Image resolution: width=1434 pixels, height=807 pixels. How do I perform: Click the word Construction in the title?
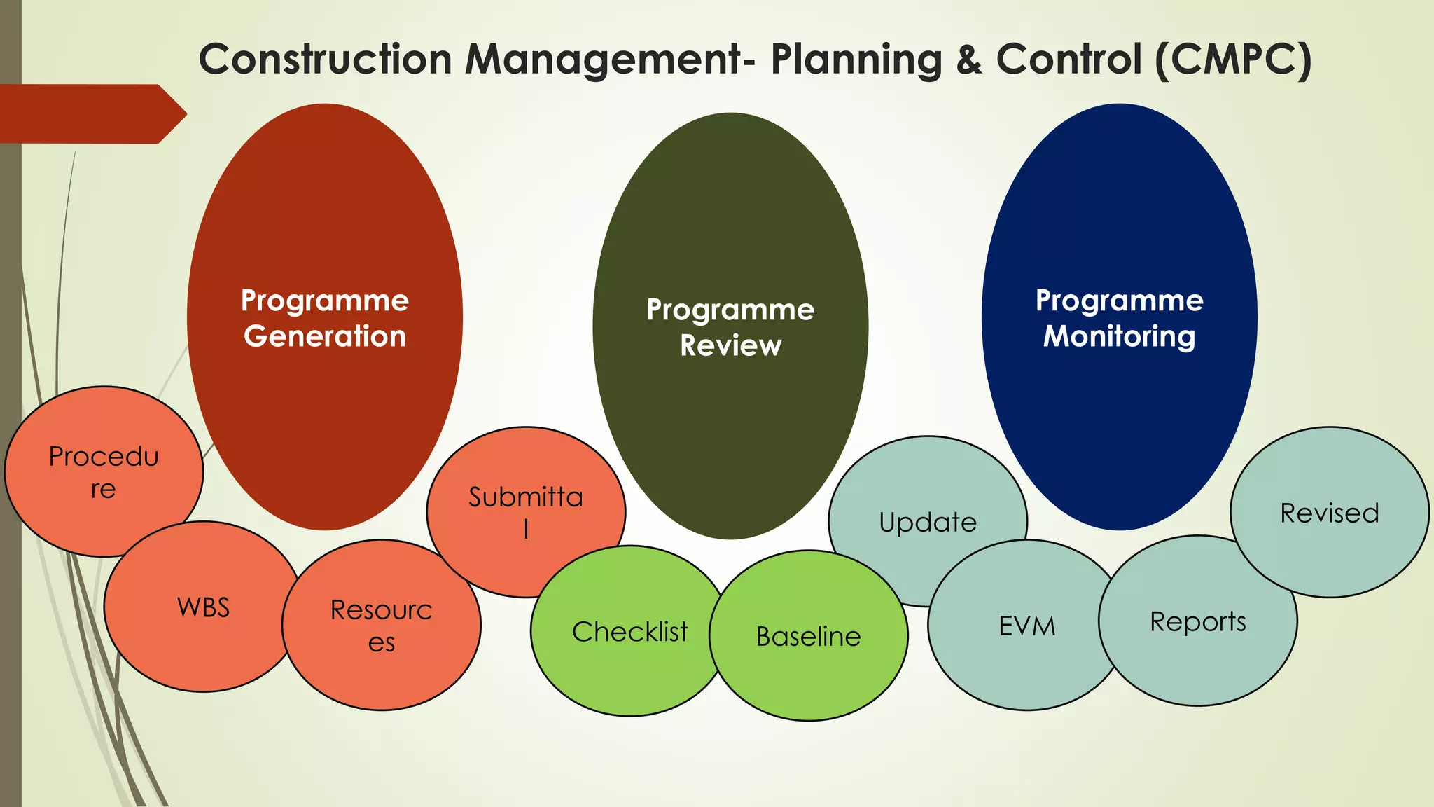tap(325, 60)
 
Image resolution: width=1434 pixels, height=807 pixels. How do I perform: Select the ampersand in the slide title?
tap(969, 60)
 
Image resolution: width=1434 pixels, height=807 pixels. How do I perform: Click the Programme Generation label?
tap(324, 318)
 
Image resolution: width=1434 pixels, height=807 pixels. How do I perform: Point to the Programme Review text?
tap(730, 327)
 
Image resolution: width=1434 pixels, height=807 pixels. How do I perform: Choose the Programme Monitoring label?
tap(1119, 318)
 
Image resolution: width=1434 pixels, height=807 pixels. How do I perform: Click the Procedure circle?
tap(104, 471)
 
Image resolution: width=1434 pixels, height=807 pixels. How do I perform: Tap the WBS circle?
tap(203, 607)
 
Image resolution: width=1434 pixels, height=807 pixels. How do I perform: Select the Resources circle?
tap(382, 625)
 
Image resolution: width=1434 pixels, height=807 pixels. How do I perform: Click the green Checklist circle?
tap(629, 632)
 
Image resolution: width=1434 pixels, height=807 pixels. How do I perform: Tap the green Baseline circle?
tap(809, 636)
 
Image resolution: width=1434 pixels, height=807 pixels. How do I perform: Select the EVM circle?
tap(1026, 626)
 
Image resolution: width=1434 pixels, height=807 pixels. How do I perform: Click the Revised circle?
tap(1329, 513)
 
